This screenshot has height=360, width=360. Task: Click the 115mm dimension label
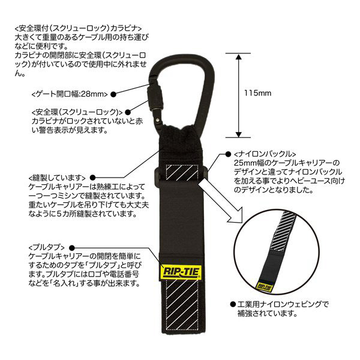[x=257, y=93]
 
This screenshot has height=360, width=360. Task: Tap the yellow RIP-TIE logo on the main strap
[x=181, y=272]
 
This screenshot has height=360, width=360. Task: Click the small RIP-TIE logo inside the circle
[x=265, y=287]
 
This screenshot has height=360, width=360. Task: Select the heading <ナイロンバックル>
[x=265, y=154]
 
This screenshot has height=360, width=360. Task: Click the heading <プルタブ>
[x=47, y=247]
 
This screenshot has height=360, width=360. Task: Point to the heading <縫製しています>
[x=57, y=178]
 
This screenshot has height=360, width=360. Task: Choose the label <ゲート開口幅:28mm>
[x=70, y=94]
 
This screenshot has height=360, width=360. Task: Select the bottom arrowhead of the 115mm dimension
[x=239, y=134]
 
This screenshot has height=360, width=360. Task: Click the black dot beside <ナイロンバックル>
[x=228, y=154]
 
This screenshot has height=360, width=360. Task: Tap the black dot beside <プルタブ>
[x=72, y=248]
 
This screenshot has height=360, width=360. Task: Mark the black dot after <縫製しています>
[x=92, y=178]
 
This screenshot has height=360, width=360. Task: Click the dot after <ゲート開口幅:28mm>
[x=113, y=94]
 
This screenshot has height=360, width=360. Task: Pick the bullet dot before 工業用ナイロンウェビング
[x=233, y=305]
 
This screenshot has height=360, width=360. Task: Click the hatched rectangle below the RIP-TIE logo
[x=182, y=305]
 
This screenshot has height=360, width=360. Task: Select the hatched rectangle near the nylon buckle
[x=182, y=172]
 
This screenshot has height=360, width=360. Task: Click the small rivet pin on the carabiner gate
[x=157, y=120]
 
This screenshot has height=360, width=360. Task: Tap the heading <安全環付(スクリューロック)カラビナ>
[x=78, y=28]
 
